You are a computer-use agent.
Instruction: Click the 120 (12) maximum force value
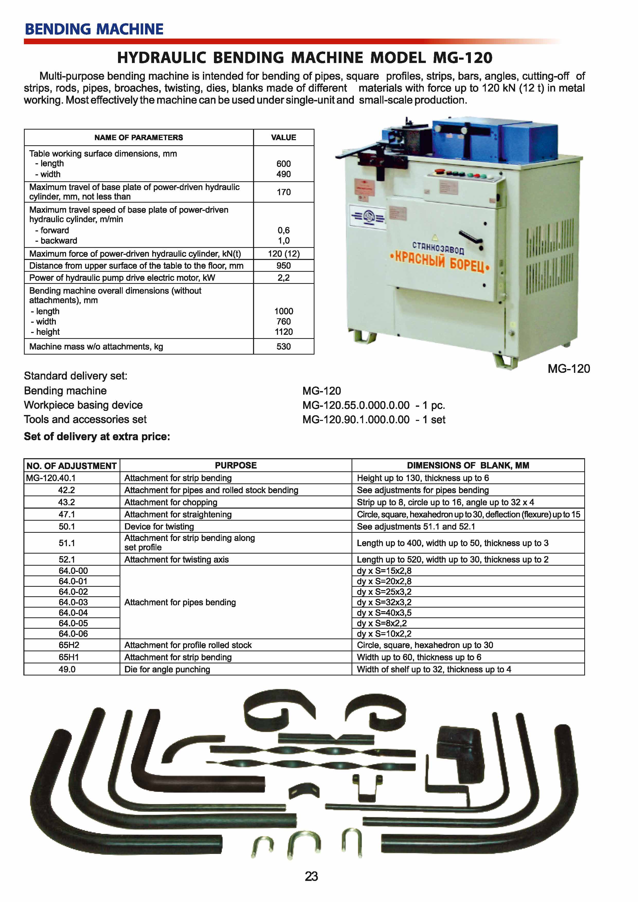point(284,254)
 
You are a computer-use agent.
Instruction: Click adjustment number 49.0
point(67,669)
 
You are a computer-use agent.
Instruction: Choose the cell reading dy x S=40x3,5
point(384,613)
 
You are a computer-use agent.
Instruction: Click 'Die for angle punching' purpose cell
point(167,669)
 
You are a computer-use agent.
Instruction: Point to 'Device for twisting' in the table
point(159,526)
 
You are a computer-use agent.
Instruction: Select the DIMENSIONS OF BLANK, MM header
point(468,466)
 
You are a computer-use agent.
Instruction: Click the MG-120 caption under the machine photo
point(569,369)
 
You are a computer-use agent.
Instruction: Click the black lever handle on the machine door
point(471,237)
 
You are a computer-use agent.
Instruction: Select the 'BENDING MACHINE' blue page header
point(94,29)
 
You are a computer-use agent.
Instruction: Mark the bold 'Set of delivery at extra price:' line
point(97,436)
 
